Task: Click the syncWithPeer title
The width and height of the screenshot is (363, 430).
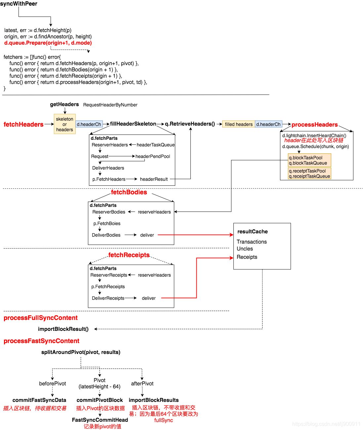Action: (19, 4)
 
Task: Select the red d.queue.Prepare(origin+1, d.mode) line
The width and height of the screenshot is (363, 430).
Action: (48, 43)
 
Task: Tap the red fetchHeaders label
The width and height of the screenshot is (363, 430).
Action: (23, 124)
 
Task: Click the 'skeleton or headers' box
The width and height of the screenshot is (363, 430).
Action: (65, 124)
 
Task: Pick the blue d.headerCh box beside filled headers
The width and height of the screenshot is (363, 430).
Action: (268, 124)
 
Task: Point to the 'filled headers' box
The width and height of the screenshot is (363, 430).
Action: (239, 124)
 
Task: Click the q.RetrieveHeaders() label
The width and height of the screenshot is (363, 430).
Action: (190, 124)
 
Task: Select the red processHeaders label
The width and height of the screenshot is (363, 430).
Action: (314, 125)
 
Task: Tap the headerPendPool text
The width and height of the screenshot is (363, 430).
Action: (153, 156)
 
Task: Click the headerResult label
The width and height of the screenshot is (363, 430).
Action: (154, 179)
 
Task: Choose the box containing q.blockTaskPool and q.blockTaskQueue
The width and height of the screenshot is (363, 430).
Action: (309, 160)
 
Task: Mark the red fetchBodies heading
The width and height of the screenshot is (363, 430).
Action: (129, 192)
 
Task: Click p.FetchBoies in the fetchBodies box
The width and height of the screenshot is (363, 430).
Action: (107, 223)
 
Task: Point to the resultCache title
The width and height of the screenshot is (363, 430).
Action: (252, 231)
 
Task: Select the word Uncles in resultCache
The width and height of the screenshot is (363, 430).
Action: (245, 249)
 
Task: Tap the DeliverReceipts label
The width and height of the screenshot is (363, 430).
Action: (108, 298)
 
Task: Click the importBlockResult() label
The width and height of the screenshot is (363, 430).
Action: (63, 329)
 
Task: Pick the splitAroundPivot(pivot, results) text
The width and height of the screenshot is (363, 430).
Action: (81, 352)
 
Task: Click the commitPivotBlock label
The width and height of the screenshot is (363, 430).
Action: (100, 400)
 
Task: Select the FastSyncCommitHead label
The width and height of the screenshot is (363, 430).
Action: (100, 420)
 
